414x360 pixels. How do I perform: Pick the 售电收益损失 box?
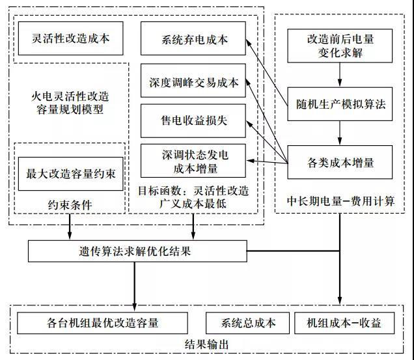(194, 120)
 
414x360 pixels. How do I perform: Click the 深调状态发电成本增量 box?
(194, 161)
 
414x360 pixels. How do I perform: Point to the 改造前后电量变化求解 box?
(340, 46)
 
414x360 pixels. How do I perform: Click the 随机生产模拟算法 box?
(340, 105)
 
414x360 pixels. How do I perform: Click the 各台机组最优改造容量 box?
(103, 323)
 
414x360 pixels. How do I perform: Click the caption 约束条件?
(70, 205)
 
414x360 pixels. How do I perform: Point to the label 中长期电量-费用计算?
(340, 201)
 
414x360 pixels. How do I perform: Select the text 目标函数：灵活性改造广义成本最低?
(193, 198)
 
